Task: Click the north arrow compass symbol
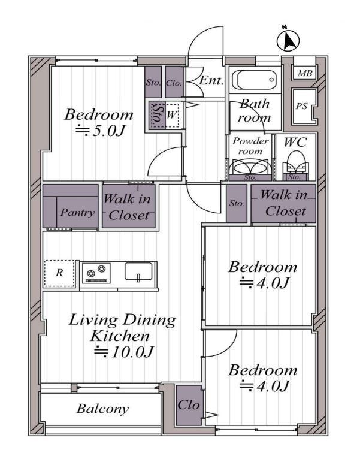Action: [x=288, y=40]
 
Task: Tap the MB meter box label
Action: [x=305, y=73]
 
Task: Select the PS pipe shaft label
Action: [x=301, y=106]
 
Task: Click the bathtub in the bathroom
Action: [x=256, y=80]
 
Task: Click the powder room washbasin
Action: [x=250, y=168]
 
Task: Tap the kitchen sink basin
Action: [x=138, y=271]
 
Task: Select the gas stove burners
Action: [x=96, y=272]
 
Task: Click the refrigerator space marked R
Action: [x=60, y=273]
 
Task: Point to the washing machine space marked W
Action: [x=171, y=115]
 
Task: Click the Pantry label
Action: [x=78, y=212]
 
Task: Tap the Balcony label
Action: [x=103, y=409]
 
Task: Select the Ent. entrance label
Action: [x=211, y=80]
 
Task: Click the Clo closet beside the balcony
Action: [x=189, y=405]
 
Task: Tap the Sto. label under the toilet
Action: [x=295, y=177]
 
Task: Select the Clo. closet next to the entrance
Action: [x=174, y=82]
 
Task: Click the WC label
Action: [x=295, y=143]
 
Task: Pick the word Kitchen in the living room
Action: [x=120, y=336]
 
